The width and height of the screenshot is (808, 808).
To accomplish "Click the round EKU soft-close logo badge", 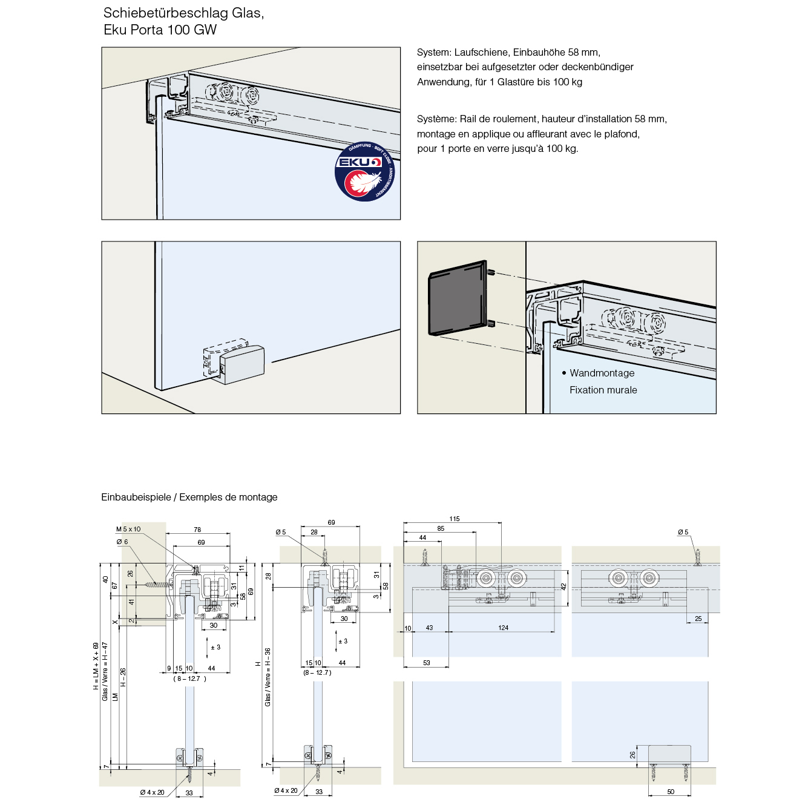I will (364, 172).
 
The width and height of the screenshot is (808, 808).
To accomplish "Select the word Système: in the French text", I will (436, 119).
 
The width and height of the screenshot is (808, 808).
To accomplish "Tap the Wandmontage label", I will (602, 373).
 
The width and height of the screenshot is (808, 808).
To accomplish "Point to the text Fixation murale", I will (603, 390).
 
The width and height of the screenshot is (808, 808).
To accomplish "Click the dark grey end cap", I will (457, 298).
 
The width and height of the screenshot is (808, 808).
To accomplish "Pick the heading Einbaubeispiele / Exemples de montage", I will (189, 498).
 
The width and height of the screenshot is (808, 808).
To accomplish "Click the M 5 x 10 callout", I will (128, 530).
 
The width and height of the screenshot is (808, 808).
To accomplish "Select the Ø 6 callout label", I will (122, 542).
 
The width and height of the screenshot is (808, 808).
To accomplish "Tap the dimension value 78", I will (197, 530).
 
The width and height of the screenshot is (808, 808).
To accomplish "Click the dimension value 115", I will (455, 519).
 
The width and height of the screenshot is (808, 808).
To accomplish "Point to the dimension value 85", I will (441, 528).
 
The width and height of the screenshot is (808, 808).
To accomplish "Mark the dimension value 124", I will (503, 628).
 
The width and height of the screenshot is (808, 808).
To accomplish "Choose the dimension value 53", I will (427, 663).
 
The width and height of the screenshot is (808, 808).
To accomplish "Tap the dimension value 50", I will (670, 792).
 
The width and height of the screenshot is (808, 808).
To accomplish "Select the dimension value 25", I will (698, 619).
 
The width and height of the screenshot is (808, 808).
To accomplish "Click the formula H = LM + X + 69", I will (96, 666).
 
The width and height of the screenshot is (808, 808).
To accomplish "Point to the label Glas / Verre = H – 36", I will (268, 677).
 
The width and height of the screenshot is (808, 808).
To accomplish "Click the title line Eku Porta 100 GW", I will (160, 30).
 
